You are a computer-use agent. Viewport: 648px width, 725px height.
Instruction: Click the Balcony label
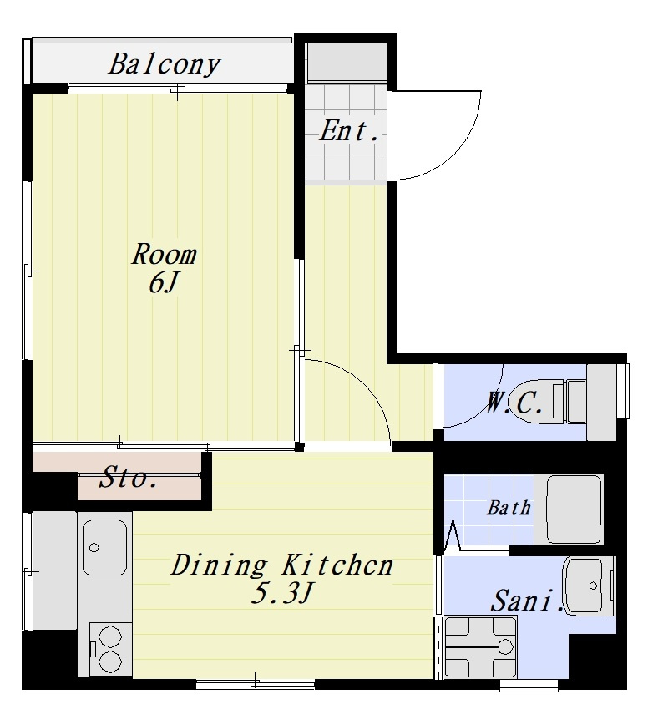point(164,65)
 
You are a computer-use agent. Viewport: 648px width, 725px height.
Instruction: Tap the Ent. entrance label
point(349,131)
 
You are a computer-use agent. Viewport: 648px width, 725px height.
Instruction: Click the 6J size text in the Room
point(163,282)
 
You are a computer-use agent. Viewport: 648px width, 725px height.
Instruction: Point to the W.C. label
point(514,403)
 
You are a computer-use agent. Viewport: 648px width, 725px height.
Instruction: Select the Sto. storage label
point(128,477)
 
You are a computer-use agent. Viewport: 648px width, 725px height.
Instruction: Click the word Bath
point(509,508)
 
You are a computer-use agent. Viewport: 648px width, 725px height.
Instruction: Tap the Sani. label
point(527,601)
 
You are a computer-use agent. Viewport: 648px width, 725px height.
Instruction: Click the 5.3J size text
point(282,593)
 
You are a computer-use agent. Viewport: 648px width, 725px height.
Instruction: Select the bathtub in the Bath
point(575,509)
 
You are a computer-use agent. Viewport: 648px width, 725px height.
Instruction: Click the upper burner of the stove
point(110,637)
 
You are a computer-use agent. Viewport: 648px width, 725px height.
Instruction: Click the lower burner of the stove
point(110,662)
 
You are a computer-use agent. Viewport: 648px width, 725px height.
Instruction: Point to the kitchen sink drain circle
point(94,548)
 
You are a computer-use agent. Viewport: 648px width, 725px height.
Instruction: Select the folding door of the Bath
point(453,536)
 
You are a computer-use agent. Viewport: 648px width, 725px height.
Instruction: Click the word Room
point(164,254)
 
